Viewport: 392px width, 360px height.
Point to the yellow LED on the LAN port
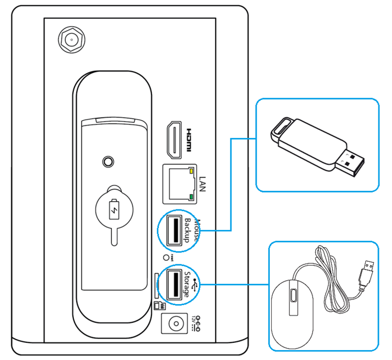(x=192, y=171)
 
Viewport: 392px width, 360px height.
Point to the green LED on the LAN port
(x=192, y=197)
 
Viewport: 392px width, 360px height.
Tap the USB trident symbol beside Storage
(x=195, y=285)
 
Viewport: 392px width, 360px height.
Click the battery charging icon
(x=113, y=211)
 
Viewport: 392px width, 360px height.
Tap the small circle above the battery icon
(x=108, y=161)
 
